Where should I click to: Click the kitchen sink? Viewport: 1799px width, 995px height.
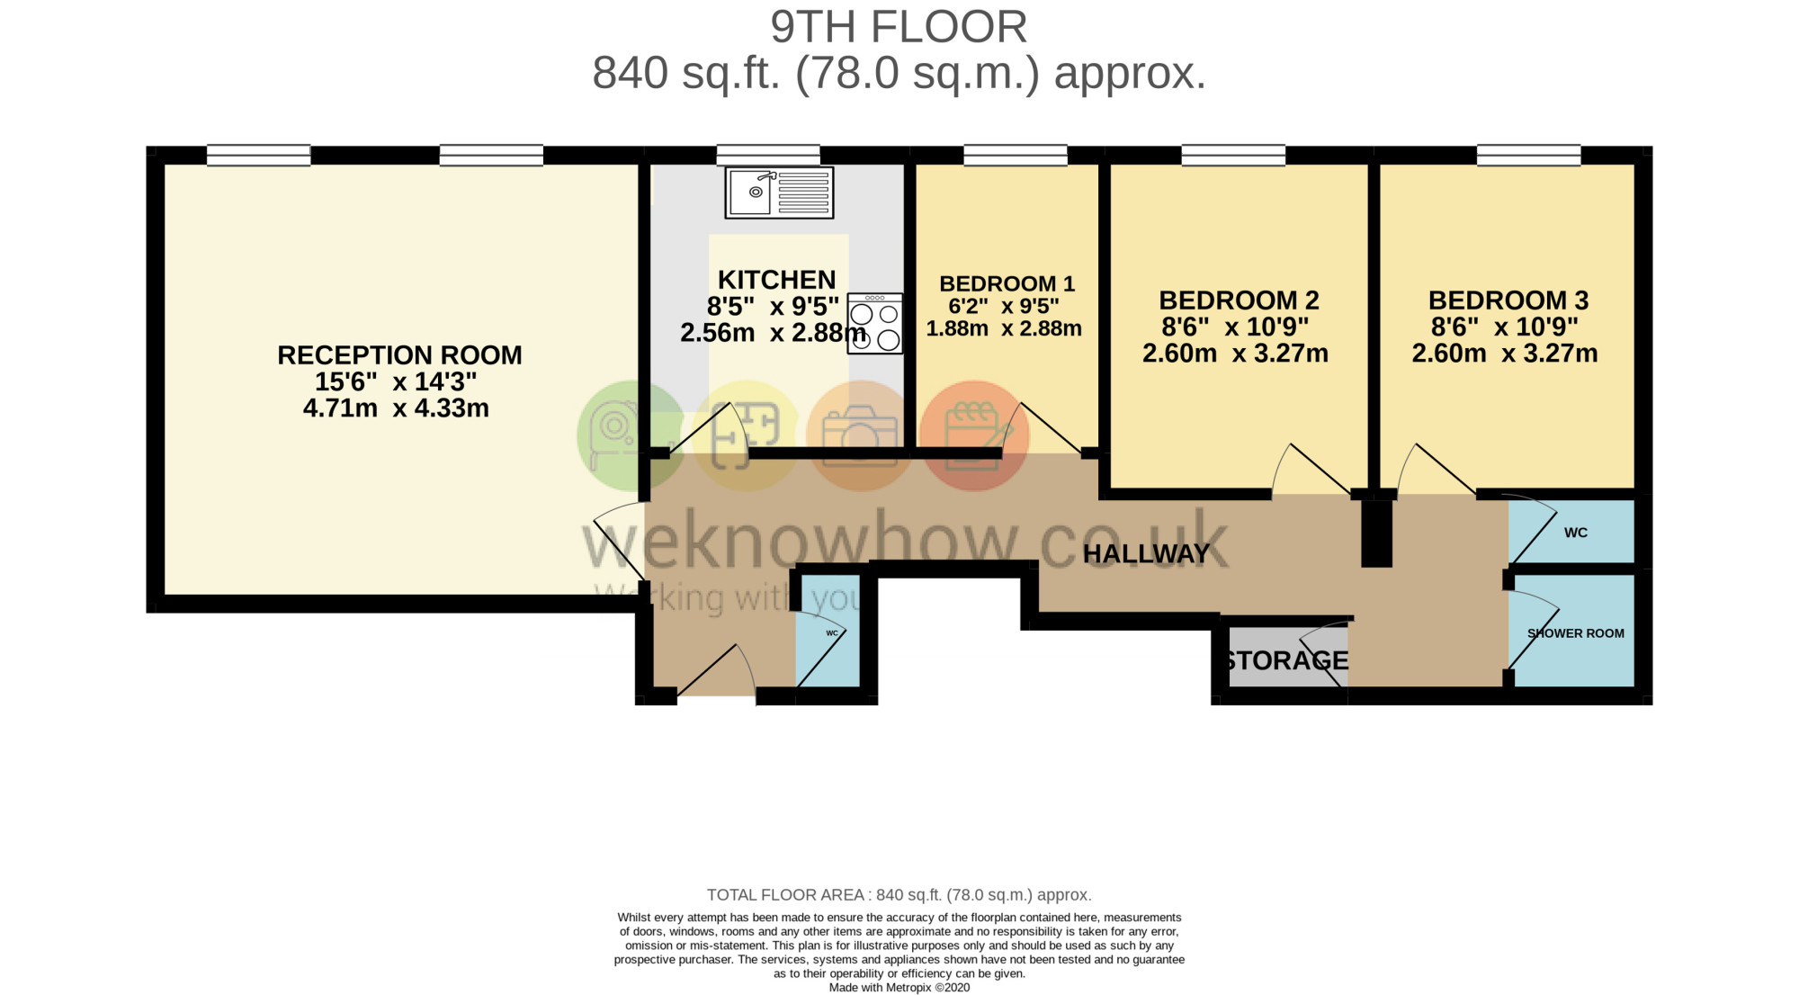coord(779,193)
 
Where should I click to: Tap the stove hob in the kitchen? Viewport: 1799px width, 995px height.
coord(874,324)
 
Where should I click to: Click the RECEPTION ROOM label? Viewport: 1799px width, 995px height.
coord(399,355)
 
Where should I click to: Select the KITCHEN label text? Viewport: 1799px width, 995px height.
coord(777,280)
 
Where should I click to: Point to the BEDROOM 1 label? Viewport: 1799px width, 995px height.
coord(1007,284)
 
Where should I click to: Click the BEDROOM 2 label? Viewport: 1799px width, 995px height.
coord(1239,300)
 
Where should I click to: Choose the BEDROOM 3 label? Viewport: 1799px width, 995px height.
coord(1508,300)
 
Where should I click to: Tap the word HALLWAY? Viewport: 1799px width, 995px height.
coord(1147,554)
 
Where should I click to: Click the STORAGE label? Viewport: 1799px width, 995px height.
coord(1286,661)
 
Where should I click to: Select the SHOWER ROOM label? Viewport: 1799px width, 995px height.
coord(1576,633)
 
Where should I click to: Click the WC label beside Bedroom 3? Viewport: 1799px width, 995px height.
coord(1576,533)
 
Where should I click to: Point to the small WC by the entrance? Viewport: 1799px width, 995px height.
coord(832,633)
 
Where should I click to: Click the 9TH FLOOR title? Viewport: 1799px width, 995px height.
coord(899,27)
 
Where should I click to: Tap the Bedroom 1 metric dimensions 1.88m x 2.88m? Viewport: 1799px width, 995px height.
coord(1004,329)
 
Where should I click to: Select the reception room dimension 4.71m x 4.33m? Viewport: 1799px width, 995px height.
coord(396,408)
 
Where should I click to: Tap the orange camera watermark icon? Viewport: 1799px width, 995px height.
coord(861,436)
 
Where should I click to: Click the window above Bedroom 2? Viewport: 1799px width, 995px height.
coord(1233,156)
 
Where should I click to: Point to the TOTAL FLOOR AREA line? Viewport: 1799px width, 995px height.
coord(899,895)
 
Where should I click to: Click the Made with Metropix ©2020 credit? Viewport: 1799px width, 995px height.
coord(899,988)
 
